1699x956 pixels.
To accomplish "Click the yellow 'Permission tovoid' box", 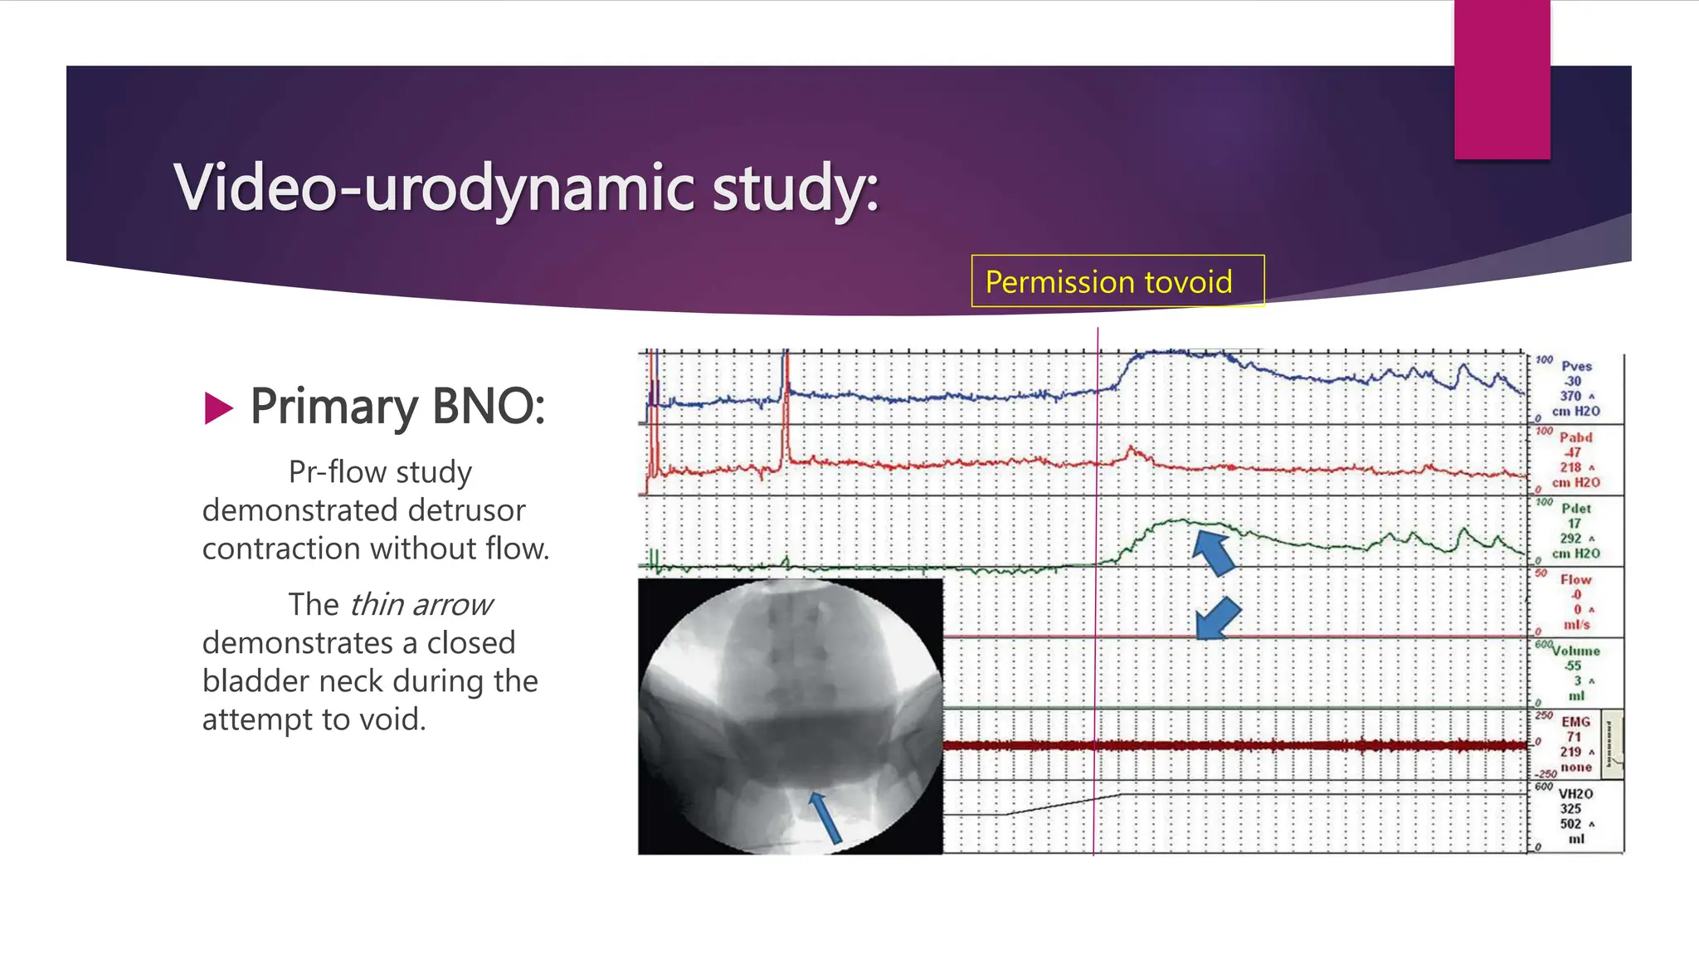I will pyautogui.click(x=1117, y=281).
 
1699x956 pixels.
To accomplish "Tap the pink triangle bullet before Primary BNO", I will pyautogui.click(x=218, y=408).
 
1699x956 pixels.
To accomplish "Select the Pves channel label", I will pyautogui.click(x=1576, y=366).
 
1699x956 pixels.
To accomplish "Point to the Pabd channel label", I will pyautogui.click(x=1575, y=437).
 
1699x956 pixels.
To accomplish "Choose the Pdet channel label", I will pyautogui.click(x=1576, y=508).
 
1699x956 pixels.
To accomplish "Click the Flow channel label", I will pyautogui.click(x=1575, y=579).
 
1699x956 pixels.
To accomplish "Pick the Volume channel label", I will pyautogui.click(x=1576, y=651).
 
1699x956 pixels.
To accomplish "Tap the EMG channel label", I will pyautogui.click(x=1575, y=722).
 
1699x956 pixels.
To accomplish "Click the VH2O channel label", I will pyautogui.click(x=1575, y=793).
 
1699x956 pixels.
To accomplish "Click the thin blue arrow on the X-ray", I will pyautogui.click(x=825, y=818).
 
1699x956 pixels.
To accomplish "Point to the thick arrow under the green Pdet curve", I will pyautogui.click(x=1214, y=554).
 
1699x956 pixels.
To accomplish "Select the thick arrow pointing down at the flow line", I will pyautogui.click(x=1218, y=619).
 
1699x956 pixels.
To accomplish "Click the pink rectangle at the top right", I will pyautogui.click(x=1502, y=79).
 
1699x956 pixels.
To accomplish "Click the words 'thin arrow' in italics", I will pyautogui.click(x=421, y=605).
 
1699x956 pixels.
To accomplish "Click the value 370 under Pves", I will pyautogui.click(x=1570, y=396).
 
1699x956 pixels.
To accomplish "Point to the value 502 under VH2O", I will pyautogui.click(x=1570, y=824).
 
